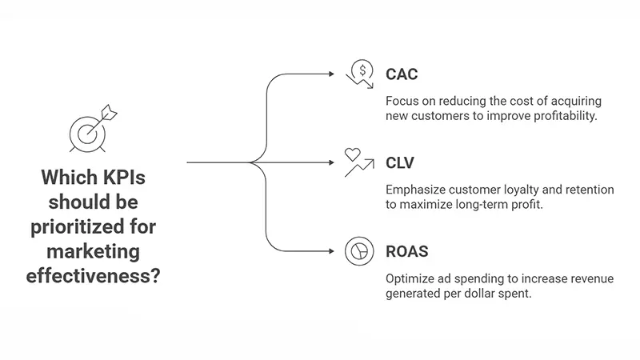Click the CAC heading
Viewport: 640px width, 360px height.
pyautogui.click(x=403, y=74)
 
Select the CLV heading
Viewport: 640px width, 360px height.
pyautogui.click(x=402, y=163)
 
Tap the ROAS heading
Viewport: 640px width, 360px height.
pyautogui.click(x=408, y=251)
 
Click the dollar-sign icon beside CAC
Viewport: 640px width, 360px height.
pyautogui.click(x=359, y=73)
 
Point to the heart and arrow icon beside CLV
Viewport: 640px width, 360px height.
pyautogui.click(x=358, y=162)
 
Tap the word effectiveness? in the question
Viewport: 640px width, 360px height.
pyautogui.click(x=91, y=277)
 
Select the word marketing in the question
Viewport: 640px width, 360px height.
pyautogui.click(x=92, y=252)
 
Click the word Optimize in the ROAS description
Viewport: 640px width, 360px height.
pyautogui.click(x=413, y=278)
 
